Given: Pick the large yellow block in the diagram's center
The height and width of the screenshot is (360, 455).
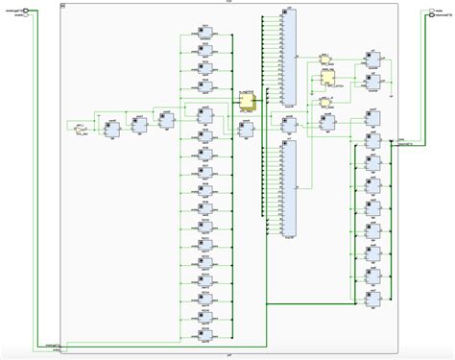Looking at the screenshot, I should (x=247, y=102).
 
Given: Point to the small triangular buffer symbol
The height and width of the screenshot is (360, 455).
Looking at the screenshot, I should (x=81, y=127).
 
